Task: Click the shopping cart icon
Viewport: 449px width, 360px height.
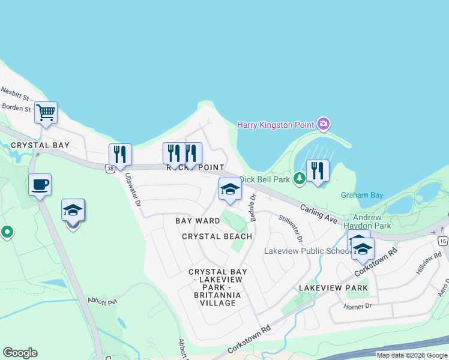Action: (x=46, y=112)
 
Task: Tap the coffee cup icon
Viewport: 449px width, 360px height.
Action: (x=40, y=185)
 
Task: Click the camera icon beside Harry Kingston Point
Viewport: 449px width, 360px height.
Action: (x=324, y=124)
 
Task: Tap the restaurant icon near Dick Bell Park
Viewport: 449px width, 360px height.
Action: (x=318, y=171)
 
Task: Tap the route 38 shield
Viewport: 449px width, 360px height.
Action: (x=110, y=169)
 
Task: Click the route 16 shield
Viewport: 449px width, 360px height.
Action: (x=443, y=241)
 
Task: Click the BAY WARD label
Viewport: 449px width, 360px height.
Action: (x=197, y=221)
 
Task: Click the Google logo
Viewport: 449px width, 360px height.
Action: (x=20, y=353)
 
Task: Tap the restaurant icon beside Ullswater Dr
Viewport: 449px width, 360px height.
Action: (x=120, y=154)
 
